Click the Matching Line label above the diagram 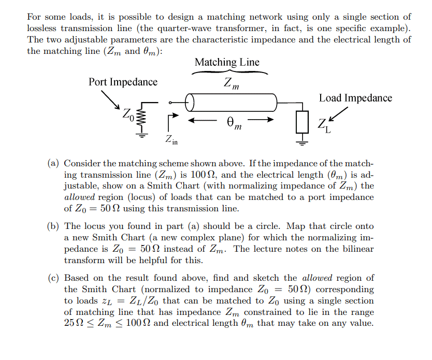point(227,62)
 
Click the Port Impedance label point(123,82)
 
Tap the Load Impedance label point(355,98)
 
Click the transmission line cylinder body point(232,103)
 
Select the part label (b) point(53,226)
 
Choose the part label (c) point(53,278)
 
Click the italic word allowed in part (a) point(79,197)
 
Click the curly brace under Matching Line point(230,73)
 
